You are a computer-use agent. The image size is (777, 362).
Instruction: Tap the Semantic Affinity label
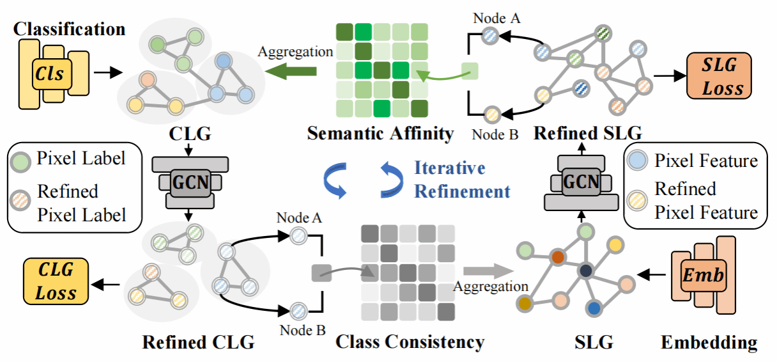(380, 134)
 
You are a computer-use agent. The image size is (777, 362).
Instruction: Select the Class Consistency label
(410, 342)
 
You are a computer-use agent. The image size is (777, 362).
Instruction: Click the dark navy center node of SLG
(586, 271)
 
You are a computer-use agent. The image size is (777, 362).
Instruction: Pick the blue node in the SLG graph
(595, 308)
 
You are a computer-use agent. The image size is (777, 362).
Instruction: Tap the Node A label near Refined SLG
(496, 18)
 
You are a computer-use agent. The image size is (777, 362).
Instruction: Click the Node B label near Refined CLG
(301, 330)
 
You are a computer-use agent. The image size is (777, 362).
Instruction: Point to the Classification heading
(70, 29)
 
